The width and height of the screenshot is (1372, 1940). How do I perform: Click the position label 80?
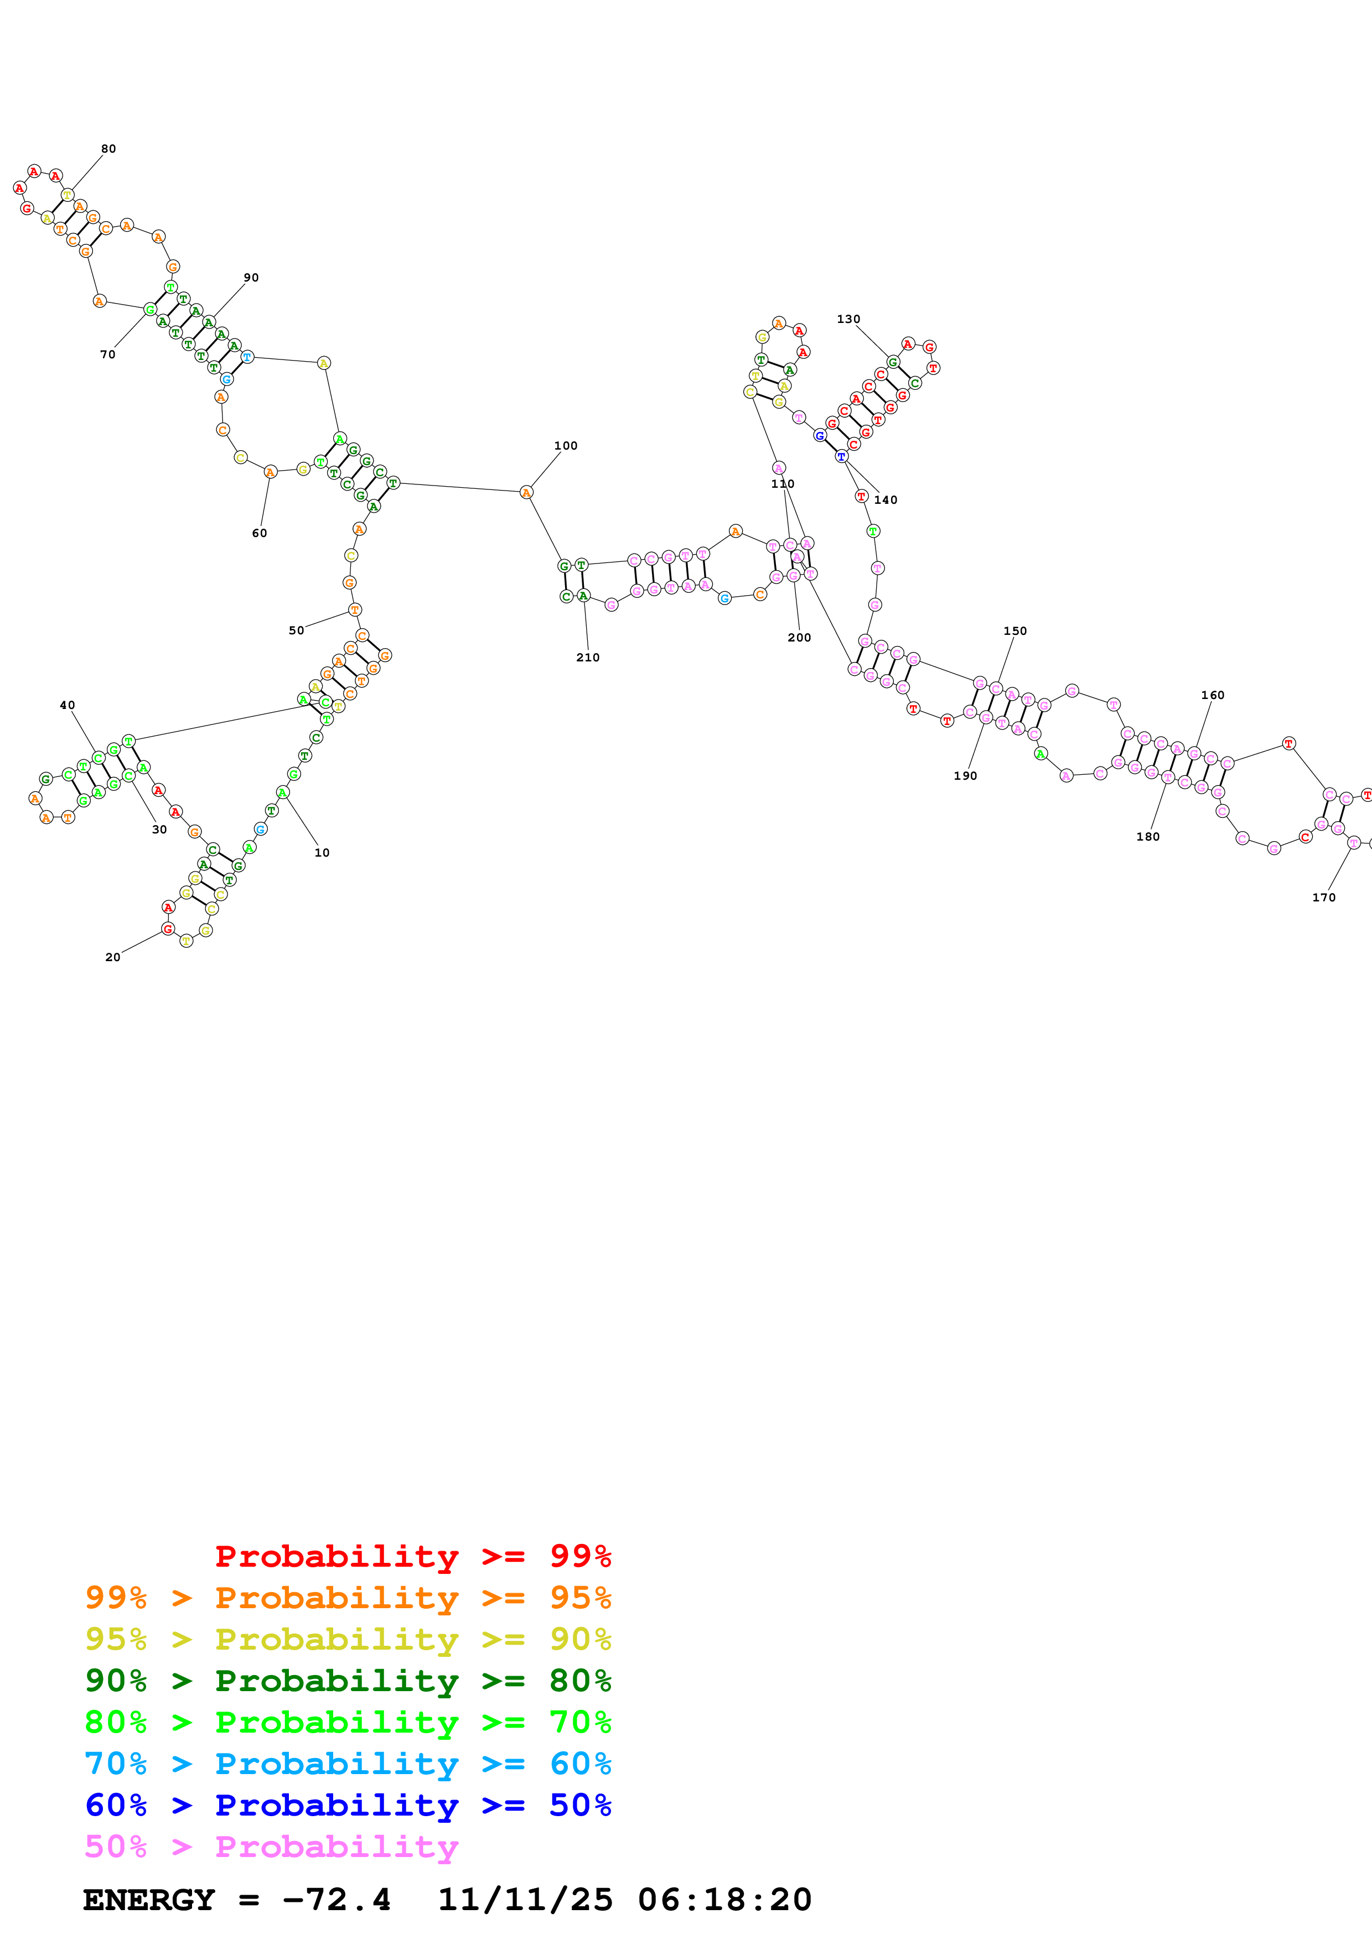tap(108, 149)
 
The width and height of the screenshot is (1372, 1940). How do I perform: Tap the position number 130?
tap(848, 320)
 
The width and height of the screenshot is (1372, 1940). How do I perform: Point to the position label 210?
tap(588, 658)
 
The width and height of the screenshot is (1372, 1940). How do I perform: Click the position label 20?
tap(112, 957)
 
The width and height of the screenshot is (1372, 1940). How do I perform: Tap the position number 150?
tap(1014, 631)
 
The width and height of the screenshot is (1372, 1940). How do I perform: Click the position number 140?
tap(885, 500)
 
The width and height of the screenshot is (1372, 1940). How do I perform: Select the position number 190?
tap(965, 776)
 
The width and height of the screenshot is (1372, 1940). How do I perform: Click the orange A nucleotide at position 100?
tap(526, 493)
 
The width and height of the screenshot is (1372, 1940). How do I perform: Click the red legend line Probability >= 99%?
tap(412, 1556)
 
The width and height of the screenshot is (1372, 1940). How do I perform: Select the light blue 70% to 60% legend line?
tap(348, 1764)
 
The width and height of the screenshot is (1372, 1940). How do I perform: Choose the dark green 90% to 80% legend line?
tap(348, 1681)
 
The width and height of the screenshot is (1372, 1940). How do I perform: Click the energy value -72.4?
tap(335, 1900)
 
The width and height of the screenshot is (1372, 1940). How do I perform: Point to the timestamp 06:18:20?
tap(724, 1900)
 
